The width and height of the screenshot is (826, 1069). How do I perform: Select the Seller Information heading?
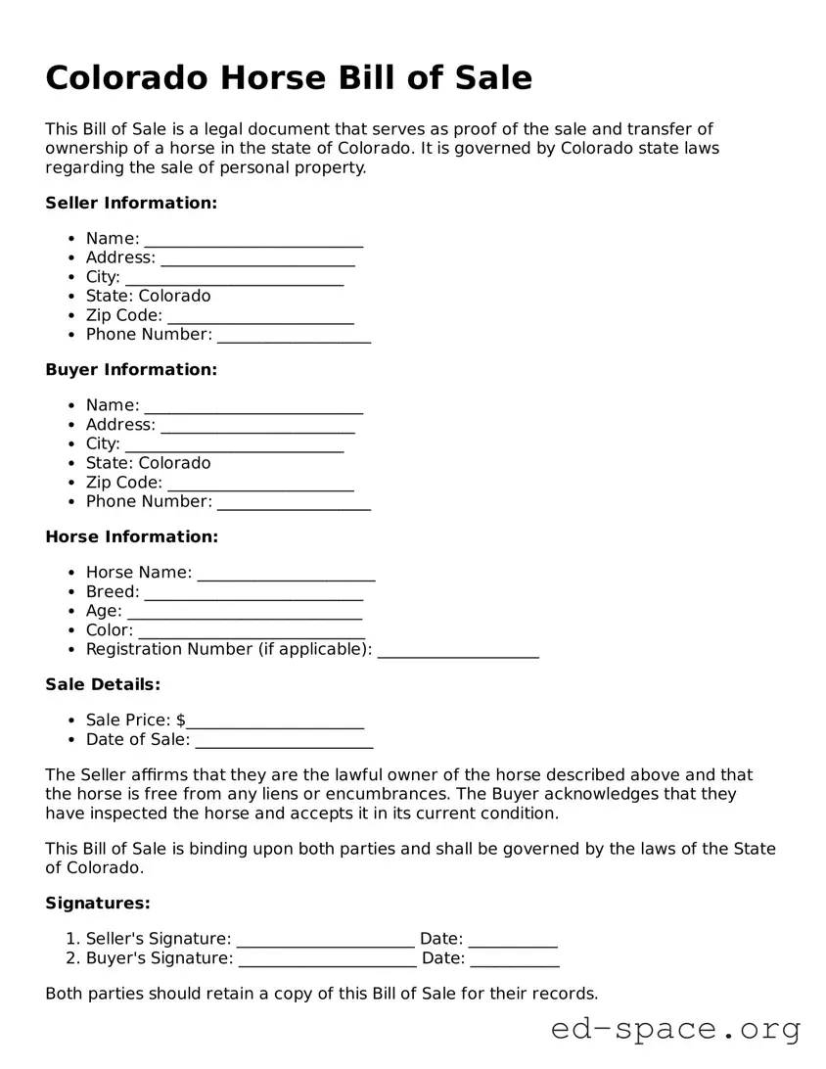[x=131, y=203]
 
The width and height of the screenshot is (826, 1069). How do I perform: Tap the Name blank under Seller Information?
[x=253, y=241]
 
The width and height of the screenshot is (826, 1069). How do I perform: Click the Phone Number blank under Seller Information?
[x=294, y=337]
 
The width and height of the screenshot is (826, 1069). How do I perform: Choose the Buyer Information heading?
[x=131, y=369]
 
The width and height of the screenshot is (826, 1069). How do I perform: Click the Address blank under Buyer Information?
[x=257, y=427]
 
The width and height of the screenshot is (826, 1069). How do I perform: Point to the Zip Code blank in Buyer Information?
[x=260, y=485]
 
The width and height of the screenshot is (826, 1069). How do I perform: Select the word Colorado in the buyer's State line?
[x=174, y=463]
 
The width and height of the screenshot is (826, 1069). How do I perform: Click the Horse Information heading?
[x=132, y=536]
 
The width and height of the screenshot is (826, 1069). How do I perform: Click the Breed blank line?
[x=253, y=594]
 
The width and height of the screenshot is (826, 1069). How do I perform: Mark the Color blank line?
[x=251, y=632]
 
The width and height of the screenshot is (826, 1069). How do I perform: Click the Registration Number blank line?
[x=457, y=652]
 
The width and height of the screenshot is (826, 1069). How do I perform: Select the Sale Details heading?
[x=103, y=684]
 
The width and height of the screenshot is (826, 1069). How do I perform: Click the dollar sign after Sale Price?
[x=181, y=720]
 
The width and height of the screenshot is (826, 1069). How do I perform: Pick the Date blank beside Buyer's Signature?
[x=515, y=960]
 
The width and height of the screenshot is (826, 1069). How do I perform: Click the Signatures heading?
[x=98, y=903]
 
